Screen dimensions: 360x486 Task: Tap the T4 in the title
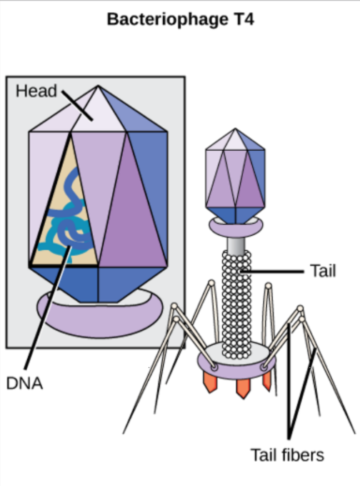tap(244, 19)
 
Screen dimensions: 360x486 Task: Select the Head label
tap(36, 91)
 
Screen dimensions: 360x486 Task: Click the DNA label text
tap(24, 384)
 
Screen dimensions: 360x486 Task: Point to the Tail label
tap(323, 271)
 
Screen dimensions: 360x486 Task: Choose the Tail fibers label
tap(287, 455)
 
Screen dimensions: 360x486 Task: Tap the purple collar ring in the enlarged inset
tap(100, 319)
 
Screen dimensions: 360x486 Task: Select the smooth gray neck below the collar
tap(236, 246)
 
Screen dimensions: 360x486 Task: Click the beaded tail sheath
tap(236, 304)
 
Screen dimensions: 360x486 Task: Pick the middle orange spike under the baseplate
tap(243, 388)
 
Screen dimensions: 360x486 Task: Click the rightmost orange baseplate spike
tap(266, 381)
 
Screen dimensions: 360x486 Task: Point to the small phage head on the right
tap(235, 176)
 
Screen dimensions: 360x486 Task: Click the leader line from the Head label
tap(77, 105)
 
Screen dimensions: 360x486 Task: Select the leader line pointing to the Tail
tap(271, 272)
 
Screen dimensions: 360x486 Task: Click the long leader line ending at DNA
tap(48, 308)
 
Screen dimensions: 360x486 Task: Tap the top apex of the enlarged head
tap(98, 86)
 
